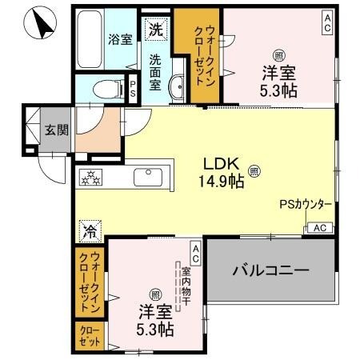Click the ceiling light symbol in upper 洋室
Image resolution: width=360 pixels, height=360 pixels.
(278, 55)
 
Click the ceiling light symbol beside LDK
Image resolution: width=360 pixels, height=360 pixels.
(254, 170)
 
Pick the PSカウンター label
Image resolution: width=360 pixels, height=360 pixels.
(306, 204)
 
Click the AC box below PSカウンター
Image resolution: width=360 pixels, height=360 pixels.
(318, 228)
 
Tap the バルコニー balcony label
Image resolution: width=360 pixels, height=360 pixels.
(270, 270)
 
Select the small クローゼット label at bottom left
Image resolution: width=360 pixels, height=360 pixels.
(90, 334)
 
